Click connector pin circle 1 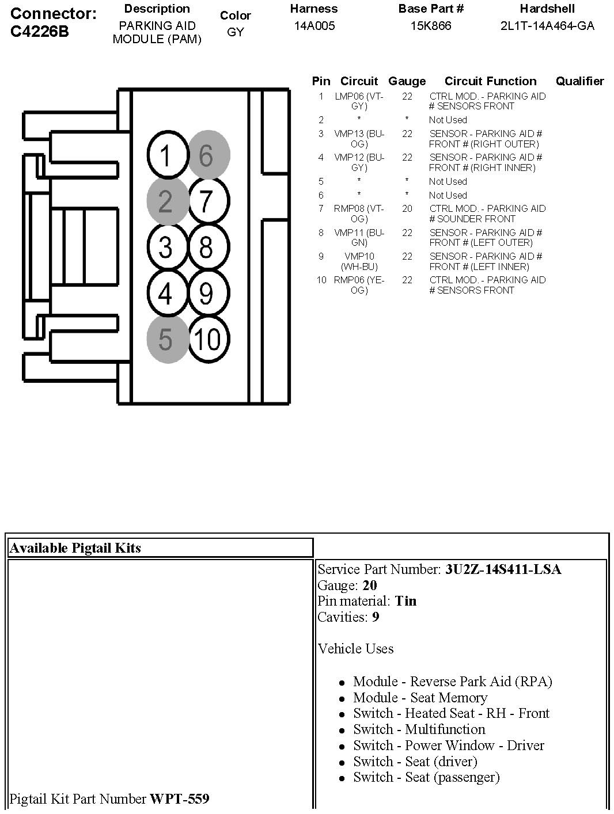coord(165,155)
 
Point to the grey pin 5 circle coord(166,339)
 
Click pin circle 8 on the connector coord(207,248)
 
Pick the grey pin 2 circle coord(166,201)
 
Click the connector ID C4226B coord(39,32)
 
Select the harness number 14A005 coord(314,26)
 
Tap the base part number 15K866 coord(431,26)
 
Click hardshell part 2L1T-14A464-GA coord(547,26)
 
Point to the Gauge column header coord(407,81)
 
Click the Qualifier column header coord(579,81)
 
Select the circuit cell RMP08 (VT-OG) coord(359,214)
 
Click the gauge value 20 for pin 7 coord(407,208)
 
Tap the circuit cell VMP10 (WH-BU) coord(359,261)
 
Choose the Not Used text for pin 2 coord(448,120)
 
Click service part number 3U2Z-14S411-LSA coord(503,569)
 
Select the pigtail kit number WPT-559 coord(179,799)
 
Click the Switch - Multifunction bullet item coord(419,729)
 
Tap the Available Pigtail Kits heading coord(75,548)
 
